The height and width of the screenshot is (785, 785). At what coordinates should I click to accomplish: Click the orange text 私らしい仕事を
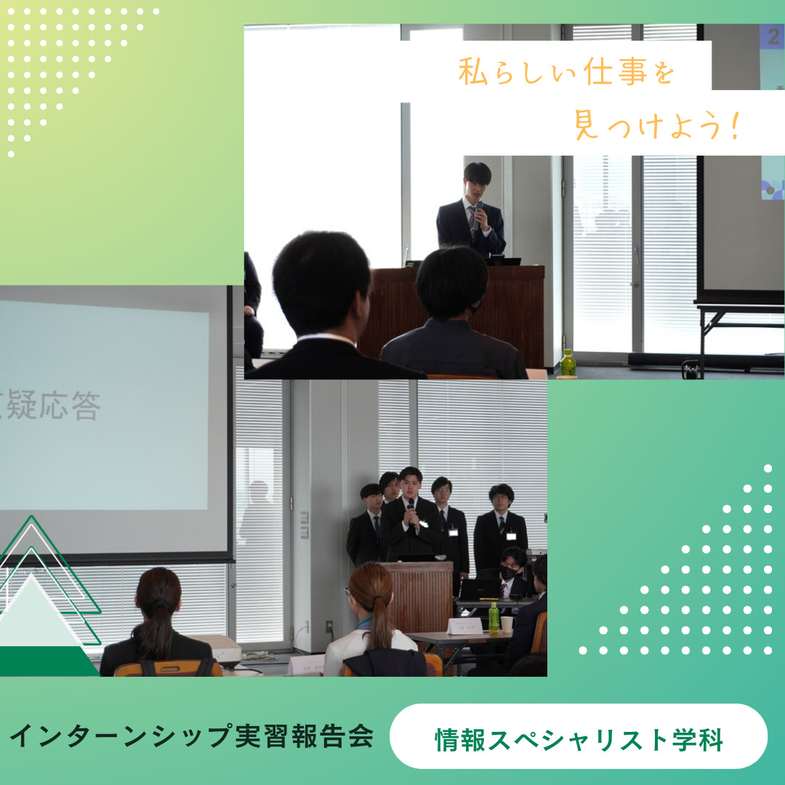tap(566, 73)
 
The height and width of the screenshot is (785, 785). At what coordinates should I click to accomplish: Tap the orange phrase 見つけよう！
tap(656, 126)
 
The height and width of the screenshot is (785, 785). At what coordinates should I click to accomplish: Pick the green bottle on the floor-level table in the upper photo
tap(568, 363)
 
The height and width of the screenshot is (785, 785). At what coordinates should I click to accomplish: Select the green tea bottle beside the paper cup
tap(494, 616)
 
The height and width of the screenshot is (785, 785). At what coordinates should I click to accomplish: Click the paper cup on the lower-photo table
tap(507, 624)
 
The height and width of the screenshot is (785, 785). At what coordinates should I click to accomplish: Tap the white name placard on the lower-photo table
tap(464, 625)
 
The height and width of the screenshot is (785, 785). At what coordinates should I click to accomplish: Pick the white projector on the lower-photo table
tap(222, 648)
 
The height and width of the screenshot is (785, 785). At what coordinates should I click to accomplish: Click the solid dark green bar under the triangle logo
tap(47, 661)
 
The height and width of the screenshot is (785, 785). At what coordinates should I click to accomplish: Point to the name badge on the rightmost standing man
tap(512, 536)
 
